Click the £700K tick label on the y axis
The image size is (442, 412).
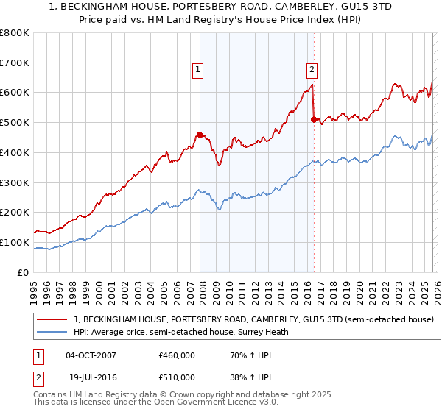[x=15, y=63]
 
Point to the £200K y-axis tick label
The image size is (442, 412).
[x=15, y=212]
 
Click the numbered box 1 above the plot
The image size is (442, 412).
[x=198, y=70]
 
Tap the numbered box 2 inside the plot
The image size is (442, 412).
[x=312, y=70]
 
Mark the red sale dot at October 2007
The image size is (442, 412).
[x=200, y=135]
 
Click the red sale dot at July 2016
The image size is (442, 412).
[x=314, y=119]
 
